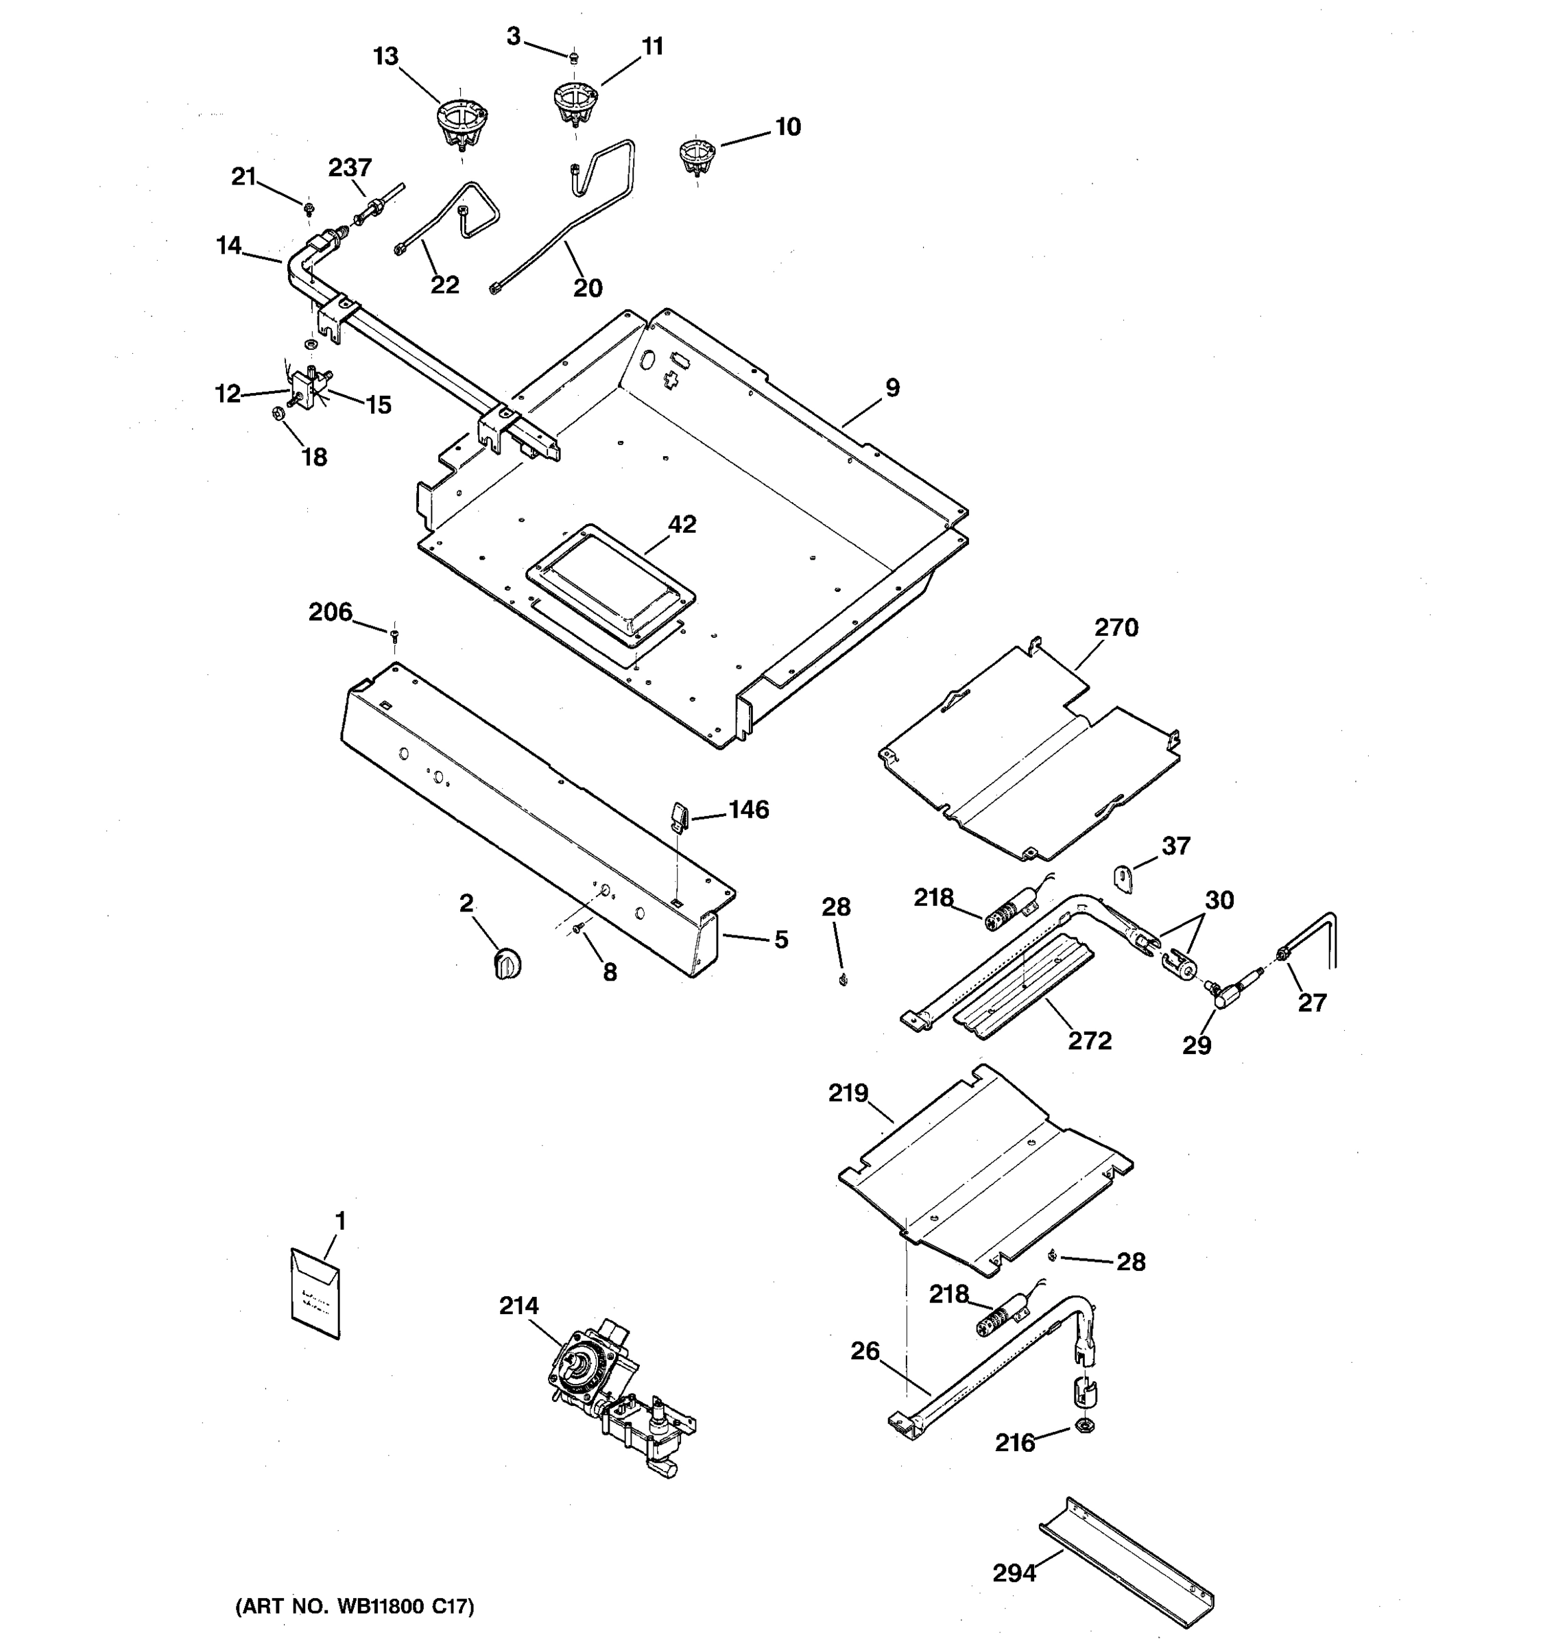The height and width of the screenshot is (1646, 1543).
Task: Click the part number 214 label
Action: [x=518, y=1306]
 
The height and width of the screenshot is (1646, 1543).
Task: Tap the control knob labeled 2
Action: [x=507, y=964]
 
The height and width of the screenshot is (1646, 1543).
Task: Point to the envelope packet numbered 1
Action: [x=315, y=1293]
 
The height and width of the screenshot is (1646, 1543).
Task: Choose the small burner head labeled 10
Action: [x=695, y=156]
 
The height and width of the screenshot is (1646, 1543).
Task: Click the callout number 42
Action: [x=682, y=524]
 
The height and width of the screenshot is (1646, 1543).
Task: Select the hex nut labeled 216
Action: [x=1084, y=1425]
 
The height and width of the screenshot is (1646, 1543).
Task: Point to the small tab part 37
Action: [x=1123, y=878]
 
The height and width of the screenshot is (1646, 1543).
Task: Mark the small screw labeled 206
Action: [x=395, y=634]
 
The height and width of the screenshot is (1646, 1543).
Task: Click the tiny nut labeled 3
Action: [x=573, y=56]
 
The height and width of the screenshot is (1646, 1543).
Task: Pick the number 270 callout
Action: [x=1116, y=628]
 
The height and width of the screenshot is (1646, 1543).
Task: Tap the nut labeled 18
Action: [x=279, y=411]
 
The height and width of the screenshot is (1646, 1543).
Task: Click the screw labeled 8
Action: [x=580, y=931]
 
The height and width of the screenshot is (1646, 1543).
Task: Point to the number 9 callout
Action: [x=892, y=387]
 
